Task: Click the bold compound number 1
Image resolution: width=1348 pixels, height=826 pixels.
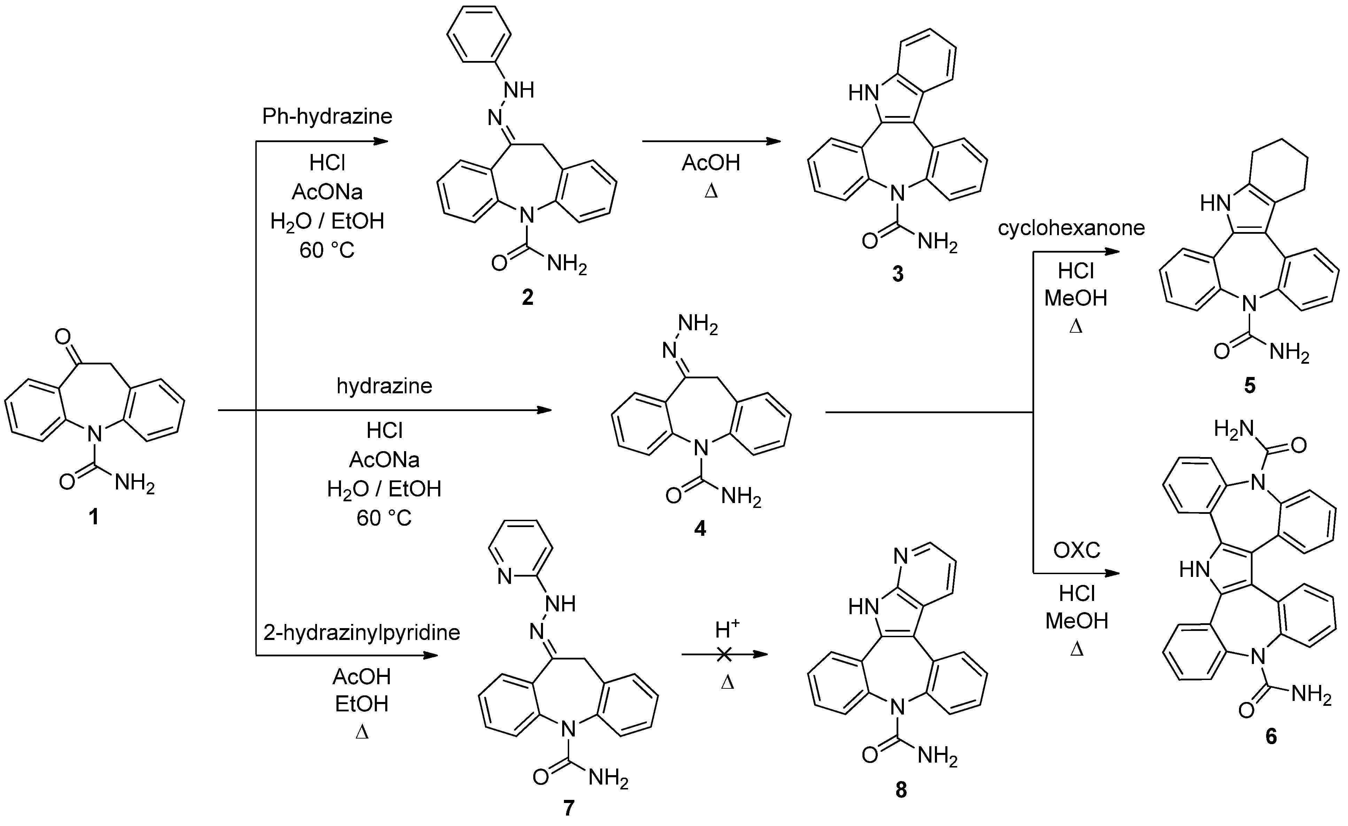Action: [x=94, y=516]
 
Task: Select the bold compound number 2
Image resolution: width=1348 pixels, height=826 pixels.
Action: [x=527, y=297]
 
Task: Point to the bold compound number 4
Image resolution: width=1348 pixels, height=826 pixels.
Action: [x=700, y=528]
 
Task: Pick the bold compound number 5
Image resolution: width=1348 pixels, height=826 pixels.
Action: [x=1249, y=386]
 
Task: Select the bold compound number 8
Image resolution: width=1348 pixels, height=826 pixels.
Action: [x=900, y=790]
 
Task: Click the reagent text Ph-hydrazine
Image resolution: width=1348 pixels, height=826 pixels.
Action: [x=327, y=116]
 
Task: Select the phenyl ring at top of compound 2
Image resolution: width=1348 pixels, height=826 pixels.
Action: [x=479, y=33]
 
